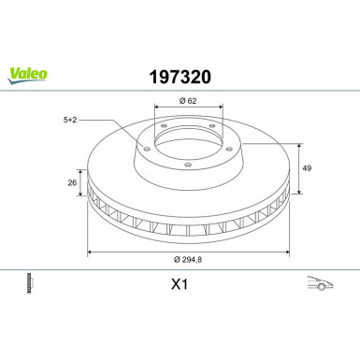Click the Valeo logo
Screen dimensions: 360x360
point(27,76)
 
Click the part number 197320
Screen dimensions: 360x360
point(180,77)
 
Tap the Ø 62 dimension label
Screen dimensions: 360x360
point(188,101)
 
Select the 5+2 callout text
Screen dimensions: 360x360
point(70,120)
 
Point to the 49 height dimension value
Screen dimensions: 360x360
point(307,168)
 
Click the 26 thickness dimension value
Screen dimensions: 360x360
point(72,182)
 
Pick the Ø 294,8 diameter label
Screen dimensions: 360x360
point(188,259)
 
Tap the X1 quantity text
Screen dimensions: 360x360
point(180,284)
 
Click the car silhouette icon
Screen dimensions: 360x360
point(320,282)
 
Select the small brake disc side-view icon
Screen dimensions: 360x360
point(30,283)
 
